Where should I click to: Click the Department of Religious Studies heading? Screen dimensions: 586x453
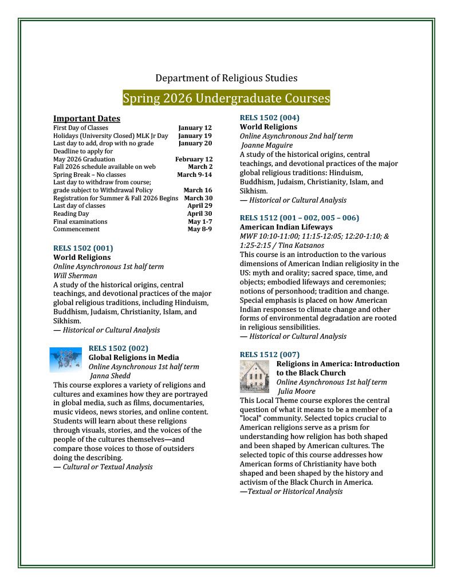(226, 78)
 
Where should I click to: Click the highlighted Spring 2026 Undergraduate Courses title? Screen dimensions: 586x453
(226, 98)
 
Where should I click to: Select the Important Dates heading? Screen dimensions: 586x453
(86, 118)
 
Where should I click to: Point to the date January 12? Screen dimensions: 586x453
(195, 128)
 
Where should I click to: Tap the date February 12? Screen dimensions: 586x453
(194, 159)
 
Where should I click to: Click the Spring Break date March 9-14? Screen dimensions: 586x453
(194, 175)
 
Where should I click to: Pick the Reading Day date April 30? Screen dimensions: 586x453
(199, 213)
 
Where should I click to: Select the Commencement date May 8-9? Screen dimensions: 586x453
(199, 229)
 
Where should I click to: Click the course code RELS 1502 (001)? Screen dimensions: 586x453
(83, 248)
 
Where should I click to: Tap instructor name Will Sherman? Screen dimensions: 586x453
(75, 275)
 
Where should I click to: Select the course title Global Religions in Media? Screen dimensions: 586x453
(133, 357)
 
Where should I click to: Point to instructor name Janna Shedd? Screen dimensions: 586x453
(110, 376)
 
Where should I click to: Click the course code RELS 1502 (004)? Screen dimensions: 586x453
(269, 118)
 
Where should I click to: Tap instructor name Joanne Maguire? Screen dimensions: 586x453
(266, 145)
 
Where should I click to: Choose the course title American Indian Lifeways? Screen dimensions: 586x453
(286, 227)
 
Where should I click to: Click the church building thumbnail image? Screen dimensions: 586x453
(255, 377)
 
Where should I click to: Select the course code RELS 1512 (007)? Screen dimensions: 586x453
(269, 354)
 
